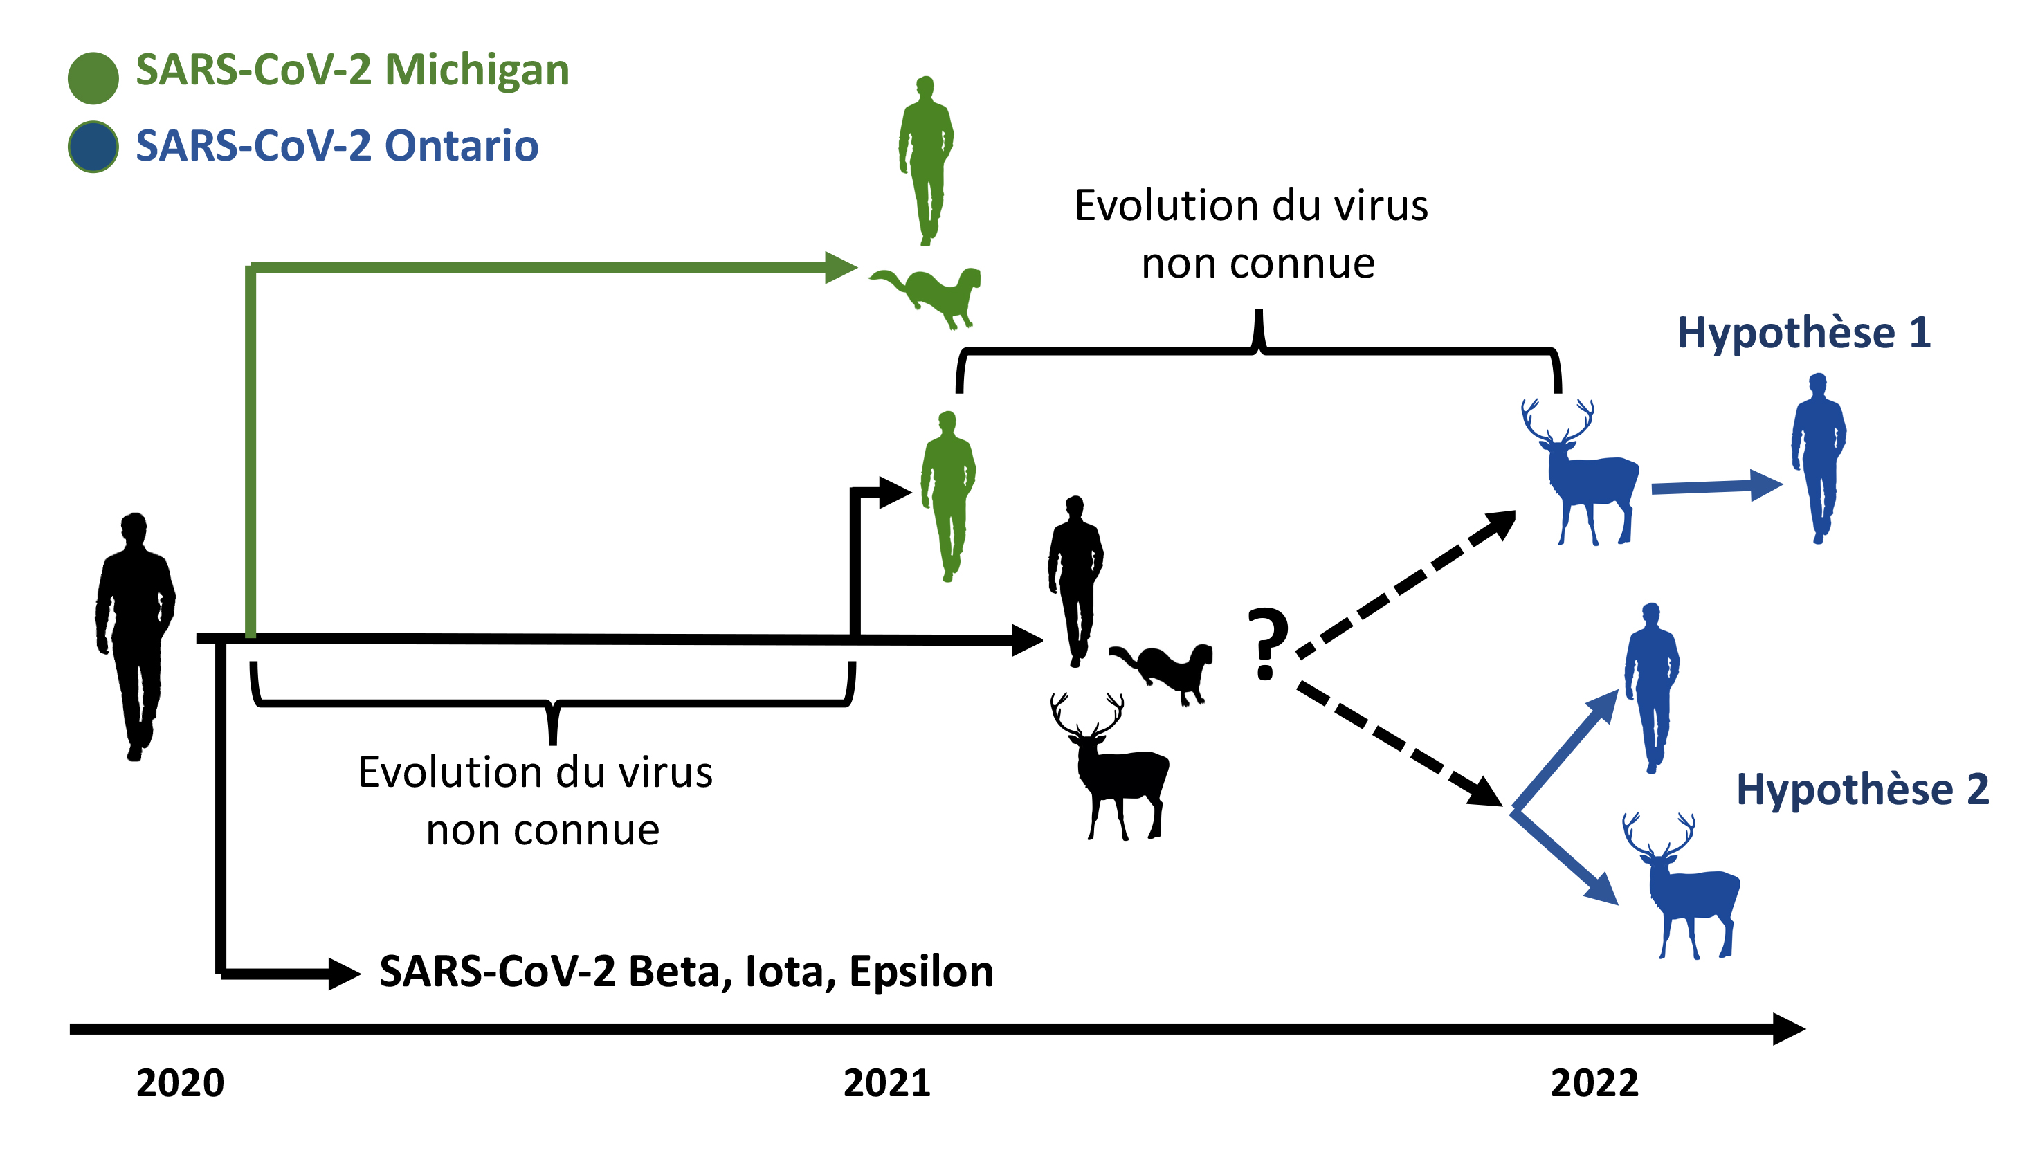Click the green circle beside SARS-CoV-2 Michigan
(x=93, y=78)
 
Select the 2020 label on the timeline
(x=180, y=1083)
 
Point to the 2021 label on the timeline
(x=886, y=1083)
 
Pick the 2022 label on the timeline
(x=1594, y=1083)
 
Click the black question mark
(x=1268, y=644)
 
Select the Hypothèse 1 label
(x=1804, y=333)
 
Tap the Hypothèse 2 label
(x=1863, y=790)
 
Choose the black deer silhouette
(x=1109, y=767)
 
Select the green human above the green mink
(x=926, y=161)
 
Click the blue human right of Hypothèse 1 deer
(x=1818, y=458)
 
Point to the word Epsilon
(x=921, y=972)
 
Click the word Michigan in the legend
(x=477, y=71)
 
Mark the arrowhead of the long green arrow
(x=841, y=267)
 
